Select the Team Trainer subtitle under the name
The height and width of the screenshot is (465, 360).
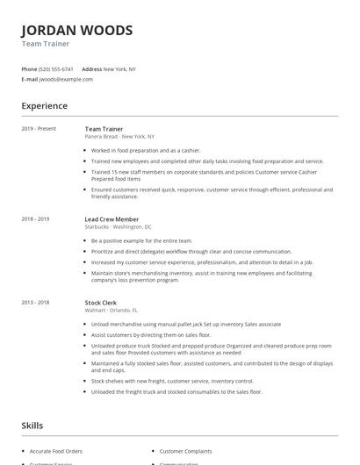pos(46,43)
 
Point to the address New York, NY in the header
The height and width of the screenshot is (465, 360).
pos(119,68)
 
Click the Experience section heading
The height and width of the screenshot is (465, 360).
pos(45,106)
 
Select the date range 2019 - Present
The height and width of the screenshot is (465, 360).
pos(39,128)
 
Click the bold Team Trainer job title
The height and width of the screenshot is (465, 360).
pos(103,128)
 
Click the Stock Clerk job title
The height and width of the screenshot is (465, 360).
pos(100,302)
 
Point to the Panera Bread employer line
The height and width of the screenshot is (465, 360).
pos(119,137)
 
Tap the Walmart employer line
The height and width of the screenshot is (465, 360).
pos(111,311)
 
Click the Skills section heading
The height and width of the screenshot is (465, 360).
pos(32,426)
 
